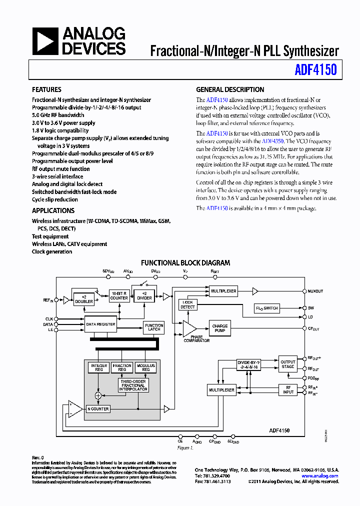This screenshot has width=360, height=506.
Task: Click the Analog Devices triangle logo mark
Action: pos(45,41)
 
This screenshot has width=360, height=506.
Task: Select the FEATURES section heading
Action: pos(46,89)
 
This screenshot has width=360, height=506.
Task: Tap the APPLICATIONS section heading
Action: pos(53,210)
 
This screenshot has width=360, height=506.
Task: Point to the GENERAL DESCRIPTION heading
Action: pos(230,89)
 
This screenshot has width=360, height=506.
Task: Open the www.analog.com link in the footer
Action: pos(320,476)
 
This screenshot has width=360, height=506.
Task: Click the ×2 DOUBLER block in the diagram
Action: pos(83,300)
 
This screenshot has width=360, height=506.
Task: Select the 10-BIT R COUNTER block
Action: pos(119,295)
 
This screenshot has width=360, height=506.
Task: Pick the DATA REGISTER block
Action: pos(100,324)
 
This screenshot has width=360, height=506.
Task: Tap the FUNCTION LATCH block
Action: pos(154,327)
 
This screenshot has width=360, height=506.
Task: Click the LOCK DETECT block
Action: pos(187,304)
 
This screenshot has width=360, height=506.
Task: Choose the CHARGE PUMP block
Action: pos(220,328)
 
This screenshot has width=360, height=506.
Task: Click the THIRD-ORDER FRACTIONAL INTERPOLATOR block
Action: pos(133,385)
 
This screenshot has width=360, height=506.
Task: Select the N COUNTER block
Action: pos(98,409)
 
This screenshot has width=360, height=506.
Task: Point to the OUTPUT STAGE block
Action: pos(288,364)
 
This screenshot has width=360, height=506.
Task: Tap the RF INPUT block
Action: pos(288,389)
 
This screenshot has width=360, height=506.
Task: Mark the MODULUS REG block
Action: pos(146,367)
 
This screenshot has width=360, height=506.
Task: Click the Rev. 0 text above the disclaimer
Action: pos(38,457)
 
